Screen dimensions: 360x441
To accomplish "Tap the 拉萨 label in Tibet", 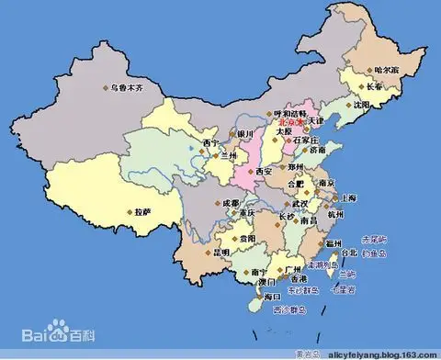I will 141,210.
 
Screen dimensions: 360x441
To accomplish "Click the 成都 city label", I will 230,202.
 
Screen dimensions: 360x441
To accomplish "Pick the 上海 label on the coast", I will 347,197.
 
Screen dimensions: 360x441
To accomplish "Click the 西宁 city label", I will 212,143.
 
